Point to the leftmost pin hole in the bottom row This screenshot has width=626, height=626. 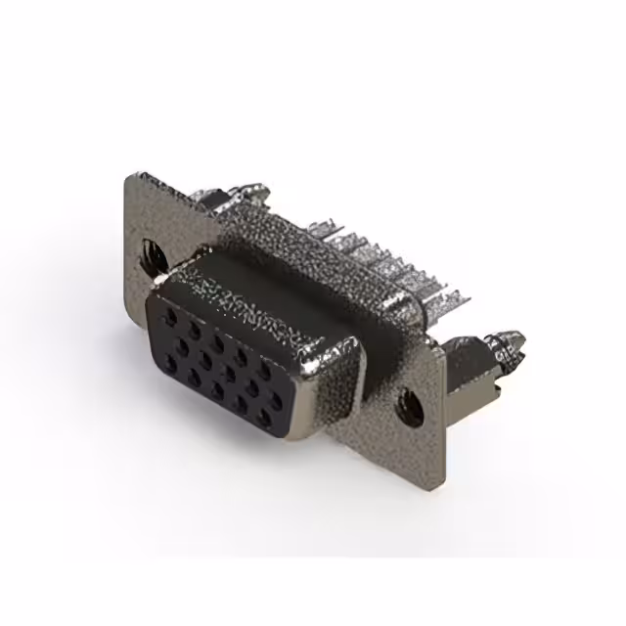(x=170, y=365)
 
